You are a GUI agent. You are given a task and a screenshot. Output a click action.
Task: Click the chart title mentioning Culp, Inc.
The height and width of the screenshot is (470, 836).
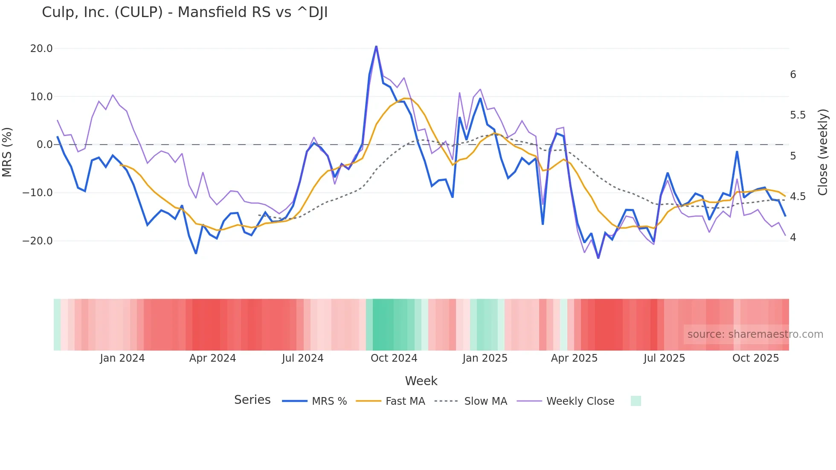(x=185, y=12)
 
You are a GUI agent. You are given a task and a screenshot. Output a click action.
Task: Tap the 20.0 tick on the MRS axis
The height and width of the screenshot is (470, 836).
(x=41, y=49)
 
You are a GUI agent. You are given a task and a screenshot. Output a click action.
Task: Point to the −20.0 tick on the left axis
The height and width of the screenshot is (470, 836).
(x=38, y=241)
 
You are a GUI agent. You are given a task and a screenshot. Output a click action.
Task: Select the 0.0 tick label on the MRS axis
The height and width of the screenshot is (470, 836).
(x=44, y=145)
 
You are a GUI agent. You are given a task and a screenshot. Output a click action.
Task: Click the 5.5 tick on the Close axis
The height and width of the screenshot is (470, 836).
(x=798, y=115)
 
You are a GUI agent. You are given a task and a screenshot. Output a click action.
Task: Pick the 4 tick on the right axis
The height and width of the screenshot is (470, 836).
(x=793, y=238)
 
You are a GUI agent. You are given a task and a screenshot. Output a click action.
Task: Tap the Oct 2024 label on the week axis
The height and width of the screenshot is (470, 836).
(x=394, y=358)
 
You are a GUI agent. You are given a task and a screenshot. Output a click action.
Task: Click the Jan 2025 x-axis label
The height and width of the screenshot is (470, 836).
(x=485, y=358)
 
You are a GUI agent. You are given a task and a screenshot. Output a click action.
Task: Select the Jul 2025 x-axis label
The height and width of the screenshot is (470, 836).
(x=664, y=358)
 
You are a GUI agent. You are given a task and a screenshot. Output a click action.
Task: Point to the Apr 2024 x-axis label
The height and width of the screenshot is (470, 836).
(x=212, y=358)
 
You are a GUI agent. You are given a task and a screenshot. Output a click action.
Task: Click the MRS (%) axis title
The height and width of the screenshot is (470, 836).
(x=7, y=152)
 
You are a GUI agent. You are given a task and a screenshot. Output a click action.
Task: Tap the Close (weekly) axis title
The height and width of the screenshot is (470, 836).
(x=823, y=152)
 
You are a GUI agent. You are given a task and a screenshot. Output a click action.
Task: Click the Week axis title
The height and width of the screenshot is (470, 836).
(x=421, y=381)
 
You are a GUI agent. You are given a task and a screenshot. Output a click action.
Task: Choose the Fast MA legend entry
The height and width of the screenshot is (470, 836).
(x=405, y=401)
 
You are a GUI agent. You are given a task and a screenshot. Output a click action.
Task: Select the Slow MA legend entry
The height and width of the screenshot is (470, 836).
(x=485, y=401)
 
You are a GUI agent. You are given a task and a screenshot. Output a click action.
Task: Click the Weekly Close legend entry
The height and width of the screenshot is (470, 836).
(x=580, y=401)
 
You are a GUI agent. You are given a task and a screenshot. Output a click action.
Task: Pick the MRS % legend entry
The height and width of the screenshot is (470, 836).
(x=329, y=401)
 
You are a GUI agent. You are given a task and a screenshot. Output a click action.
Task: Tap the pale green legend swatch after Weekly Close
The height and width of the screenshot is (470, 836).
(x=636, y=401)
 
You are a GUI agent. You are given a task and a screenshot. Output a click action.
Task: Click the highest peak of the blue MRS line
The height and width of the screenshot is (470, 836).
(x=376, y=46)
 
